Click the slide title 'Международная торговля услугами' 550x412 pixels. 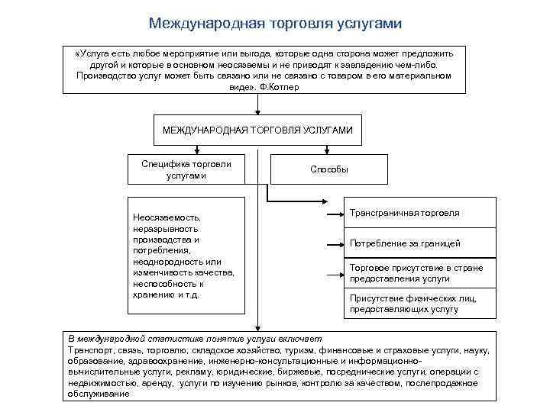[x=275, y=24]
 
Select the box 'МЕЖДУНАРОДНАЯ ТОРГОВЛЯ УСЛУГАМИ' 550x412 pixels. [x=257, y=130]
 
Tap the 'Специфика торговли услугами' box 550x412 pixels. [x=187, y=169]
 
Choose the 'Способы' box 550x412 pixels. [x=329, y=169]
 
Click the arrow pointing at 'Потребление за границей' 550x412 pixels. [x=332, y=245]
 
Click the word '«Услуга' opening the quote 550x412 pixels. [x=92, y=53]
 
